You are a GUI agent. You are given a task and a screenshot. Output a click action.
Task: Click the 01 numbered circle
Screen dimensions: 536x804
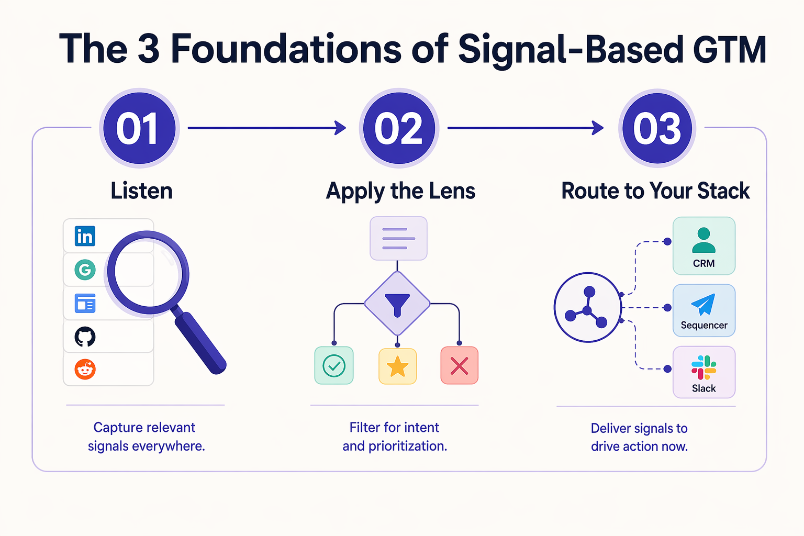(x=139, y=128)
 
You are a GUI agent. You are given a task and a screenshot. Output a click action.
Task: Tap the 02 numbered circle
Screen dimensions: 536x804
(x=399, y=128)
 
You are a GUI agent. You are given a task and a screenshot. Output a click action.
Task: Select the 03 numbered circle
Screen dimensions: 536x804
(x=657, y=128)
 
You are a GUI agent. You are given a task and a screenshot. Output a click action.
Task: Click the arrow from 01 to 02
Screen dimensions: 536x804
(x=266, y=128)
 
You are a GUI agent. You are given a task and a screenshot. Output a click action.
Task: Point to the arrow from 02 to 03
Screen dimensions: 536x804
(x=525, y=128)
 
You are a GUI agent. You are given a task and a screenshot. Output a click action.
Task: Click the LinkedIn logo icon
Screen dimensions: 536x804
(x=85, y=236)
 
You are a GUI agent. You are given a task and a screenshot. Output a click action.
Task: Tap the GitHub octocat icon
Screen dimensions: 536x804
(x=85, y=337)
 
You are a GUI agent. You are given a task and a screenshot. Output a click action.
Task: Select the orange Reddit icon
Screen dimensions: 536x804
(x=85, y=370)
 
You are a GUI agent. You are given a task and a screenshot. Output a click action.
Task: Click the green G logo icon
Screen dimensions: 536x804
(x=85, y=270)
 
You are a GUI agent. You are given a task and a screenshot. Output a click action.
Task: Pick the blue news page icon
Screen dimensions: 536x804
(x=85, y=303)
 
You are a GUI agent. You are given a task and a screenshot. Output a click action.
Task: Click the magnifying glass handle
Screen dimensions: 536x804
(x=200, y=343)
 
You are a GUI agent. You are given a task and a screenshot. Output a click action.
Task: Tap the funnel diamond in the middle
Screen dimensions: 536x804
(x=397, y=304)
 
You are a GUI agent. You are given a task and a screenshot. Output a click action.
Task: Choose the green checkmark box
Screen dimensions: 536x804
(x=334, y=365)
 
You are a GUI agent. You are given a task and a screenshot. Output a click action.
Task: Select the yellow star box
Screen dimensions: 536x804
(x=397, y=366)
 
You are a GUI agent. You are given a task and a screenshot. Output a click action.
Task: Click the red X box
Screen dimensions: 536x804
(x=459, y=365)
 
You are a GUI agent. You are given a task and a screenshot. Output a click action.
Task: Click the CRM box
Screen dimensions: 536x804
(x=703, y=246)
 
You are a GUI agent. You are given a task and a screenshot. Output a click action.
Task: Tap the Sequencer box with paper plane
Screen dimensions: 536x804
(x=703, y=310)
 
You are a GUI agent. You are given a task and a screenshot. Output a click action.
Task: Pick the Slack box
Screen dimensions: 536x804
(x=703, y=372)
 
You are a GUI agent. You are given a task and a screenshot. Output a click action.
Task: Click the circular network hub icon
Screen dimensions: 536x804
(x=587, y=307)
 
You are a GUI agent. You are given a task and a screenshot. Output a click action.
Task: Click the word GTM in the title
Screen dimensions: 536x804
(x=729, y=50)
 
